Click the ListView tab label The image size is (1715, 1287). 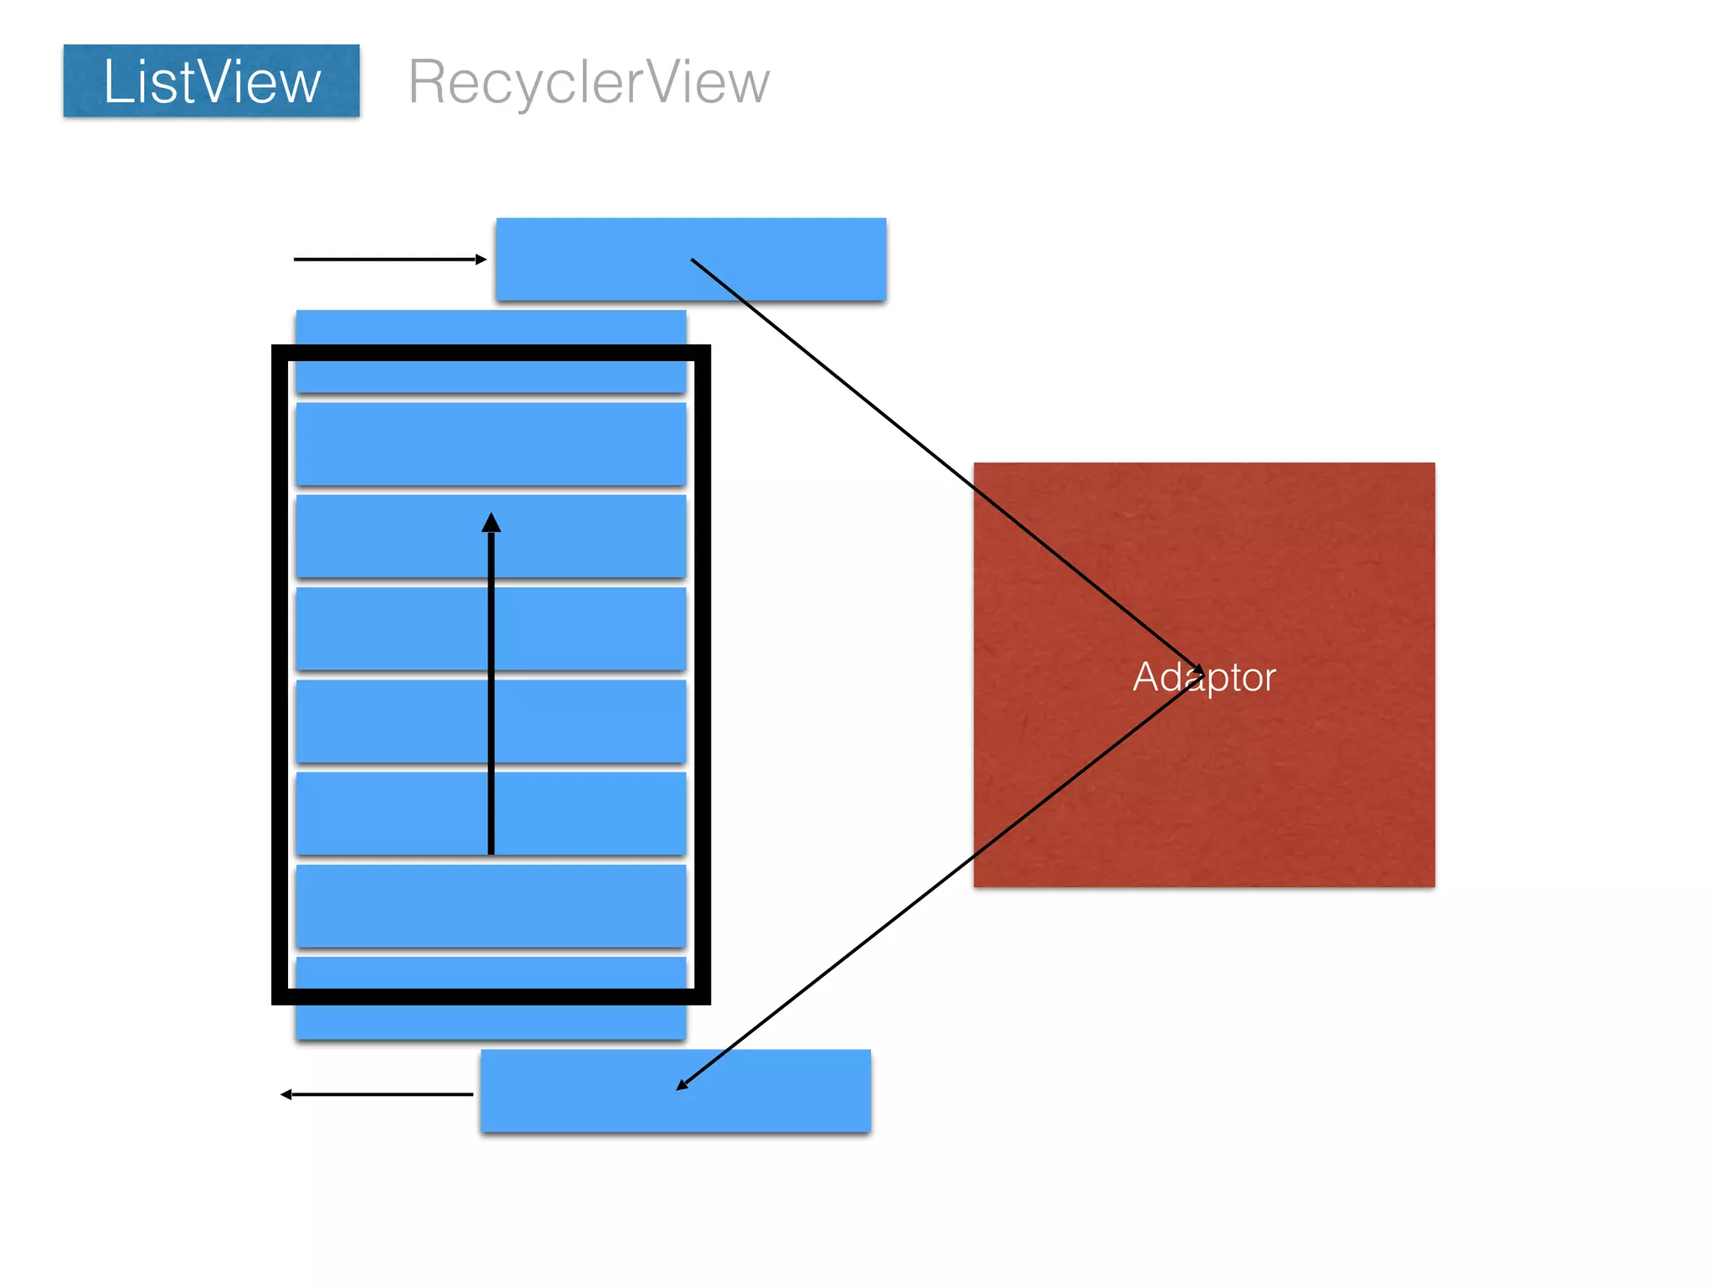(211, 81)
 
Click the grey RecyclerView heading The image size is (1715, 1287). (588, 82)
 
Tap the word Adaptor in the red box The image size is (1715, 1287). (1203, 677)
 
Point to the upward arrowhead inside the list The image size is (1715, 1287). (492, 524)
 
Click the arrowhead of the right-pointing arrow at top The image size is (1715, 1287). (482, 260)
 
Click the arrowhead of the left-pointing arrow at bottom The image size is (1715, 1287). (286, 1094)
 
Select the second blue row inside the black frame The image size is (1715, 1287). (491, 443)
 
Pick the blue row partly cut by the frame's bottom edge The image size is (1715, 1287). (491, 1018)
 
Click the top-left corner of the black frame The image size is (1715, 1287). (280, 353)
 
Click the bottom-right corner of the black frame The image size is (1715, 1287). (703, 996)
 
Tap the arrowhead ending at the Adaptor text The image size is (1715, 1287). (1199, 670)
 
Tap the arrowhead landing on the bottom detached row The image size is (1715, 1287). (682, 1085)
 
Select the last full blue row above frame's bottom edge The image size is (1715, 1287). (491, 906)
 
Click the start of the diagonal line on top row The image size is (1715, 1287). (693, 261)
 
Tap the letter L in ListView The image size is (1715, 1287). (115, 81)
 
